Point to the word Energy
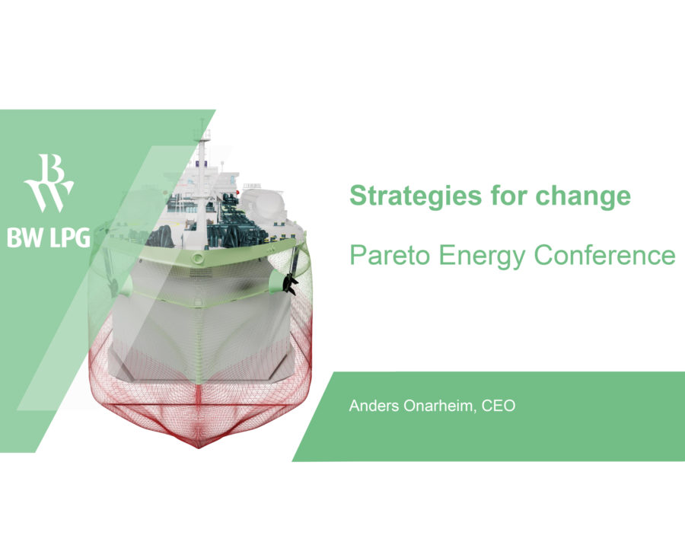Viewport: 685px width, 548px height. coord(478,256)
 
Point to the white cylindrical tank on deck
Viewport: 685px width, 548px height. coord(263,202)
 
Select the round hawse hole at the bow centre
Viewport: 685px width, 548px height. coord(198,260)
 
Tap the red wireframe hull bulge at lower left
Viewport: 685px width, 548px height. coord(114,373)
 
